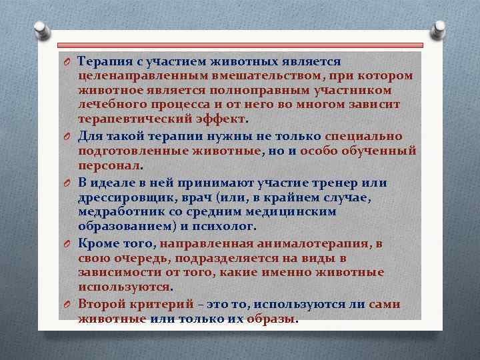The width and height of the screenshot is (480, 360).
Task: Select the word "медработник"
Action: [120, 212]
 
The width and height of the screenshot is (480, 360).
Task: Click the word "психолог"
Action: [224, 227]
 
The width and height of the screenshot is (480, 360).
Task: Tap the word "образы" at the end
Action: [271, 319]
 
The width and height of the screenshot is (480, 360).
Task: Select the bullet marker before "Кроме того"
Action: [67, 244]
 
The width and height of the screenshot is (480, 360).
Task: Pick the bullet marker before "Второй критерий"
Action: [67, 305]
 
